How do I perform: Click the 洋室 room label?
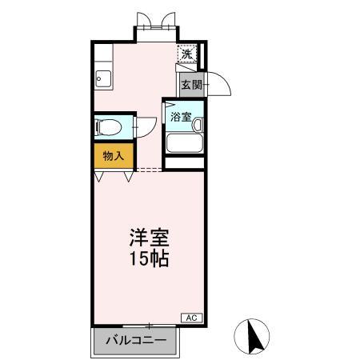coord(150,239)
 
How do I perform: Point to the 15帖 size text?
coord(150,259)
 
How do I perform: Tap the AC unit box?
coord(191,318)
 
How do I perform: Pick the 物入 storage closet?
coord(113,155)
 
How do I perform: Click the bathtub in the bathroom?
coord(185,144)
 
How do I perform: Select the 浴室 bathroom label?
coord(179,117)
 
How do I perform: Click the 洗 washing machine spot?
coord(186,54)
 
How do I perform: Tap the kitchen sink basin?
coord(102,78)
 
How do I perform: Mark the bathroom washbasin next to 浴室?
coord(197,124)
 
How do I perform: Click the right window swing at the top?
coord(166,18)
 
